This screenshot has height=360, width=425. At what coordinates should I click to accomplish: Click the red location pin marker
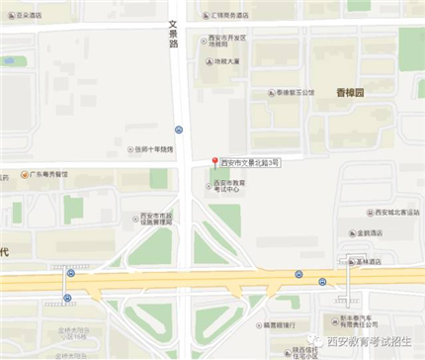coord(213,160)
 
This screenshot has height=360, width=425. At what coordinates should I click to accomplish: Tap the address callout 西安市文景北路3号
coord(250,161)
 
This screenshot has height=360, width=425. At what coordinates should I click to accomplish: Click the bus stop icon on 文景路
coord(179,129)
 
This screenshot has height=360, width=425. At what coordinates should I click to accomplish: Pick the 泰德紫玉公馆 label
coord(294,93)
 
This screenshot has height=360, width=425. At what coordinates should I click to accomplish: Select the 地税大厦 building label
coord(228,61)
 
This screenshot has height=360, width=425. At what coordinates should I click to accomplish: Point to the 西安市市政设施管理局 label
coord(157,220)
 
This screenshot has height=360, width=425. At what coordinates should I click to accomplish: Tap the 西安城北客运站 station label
coord(392,210)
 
